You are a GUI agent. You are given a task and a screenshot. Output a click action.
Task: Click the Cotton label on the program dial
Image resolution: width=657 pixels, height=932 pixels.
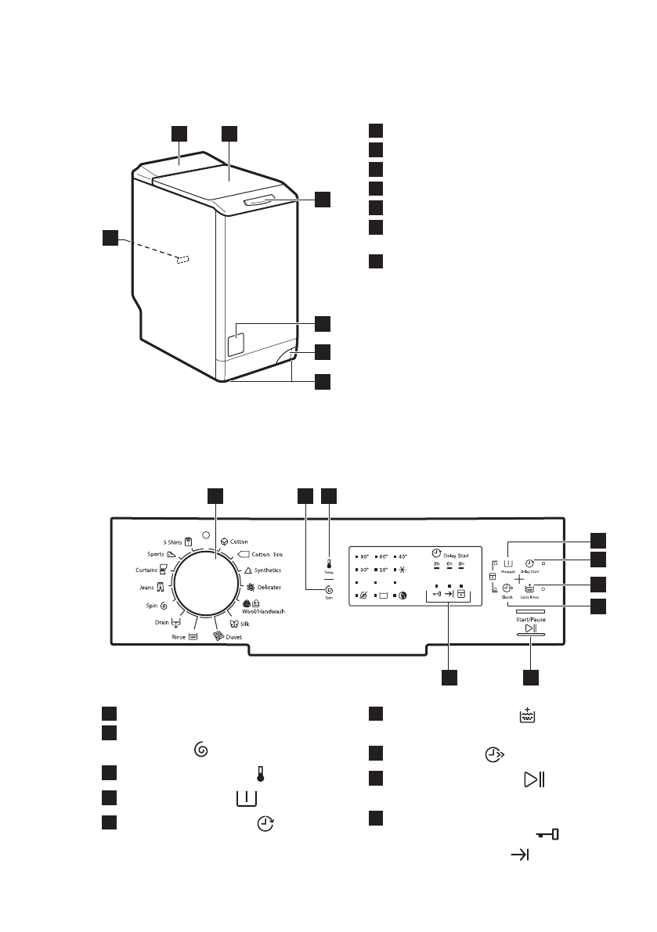(x=239, y=541)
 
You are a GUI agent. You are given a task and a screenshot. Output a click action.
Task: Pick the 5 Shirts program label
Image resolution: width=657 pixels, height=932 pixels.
(x=171, y=541)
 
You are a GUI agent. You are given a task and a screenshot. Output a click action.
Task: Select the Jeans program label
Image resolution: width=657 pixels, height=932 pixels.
(x=148, y=587)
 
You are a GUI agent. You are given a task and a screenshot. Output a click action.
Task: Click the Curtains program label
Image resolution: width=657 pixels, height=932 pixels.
(x=148, y=570)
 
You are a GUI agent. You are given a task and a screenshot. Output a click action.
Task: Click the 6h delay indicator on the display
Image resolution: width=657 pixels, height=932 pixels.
(x=449, y=564)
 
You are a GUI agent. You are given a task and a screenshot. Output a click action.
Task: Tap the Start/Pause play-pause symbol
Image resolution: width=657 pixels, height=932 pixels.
(x=530, y=628)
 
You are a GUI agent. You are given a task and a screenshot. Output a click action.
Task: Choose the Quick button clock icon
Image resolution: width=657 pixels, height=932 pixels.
(x=507, y=587)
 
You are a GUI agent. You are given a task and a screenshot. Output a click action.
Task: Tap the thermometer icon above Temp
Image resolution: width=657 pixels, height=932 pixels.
(x=329, y=563)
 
